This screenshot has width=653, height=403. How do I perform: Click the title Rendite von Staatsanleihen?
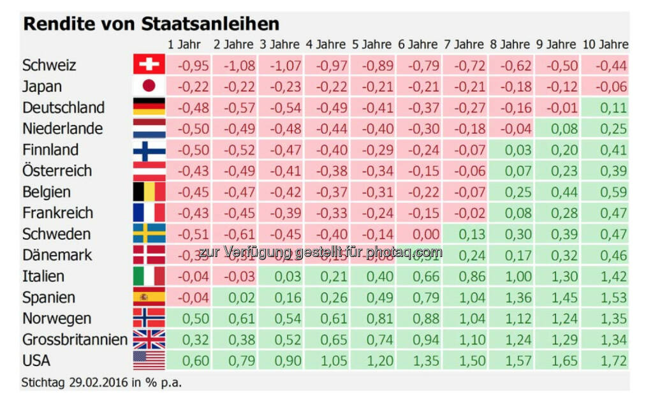pyautogui.click(x=151, y=24)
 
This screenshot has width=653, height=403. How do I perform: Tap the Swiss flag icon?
pyautogui.click(x=149, y=65)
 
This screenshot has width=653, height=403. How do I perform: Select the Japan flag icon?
pyautogui.click(x=149, y=86)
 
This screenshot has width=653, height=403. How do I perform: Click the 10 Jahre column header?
pyautogui.click(x=605, y=45)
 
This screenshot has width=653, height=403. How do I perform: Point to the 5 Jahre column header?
pyautogui.click(x=372, y=45)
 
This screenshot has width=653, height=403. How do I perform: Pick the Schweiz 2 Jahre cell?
pyautogui.click(x=234, y=65)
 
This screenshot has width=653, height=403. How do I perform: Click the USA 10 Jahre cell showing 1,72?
pyautogui.click(x=605, y=361)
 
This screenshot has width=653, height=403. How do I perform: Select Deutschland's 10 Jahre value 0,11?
pyautogui.click(x=605, y=107)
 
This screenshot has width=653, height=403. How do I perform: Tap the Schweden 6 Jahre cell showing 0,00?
pyautogui.click(x=419, y=234)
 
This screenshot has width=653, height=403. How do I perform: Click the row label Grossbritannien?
pyautogui.click(x=75, y=340)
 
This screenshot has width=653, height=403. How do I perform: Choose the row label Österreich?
pyautogui.click(x=57, y=171)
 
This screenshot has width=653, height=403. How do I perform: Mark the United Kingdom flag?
pyautogui.click(x=149, y=340)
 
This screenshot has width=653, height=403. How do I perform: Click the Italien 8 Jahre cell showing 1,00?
pyautogui.click(x=511, y=276)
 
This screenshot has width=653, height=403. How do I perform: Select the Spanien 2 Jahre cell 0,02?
pyautogui.click(x=234, y=298)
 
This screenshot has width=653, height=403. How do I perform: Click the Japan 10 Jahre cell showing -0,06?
pyautogui.click(x=605, y=86)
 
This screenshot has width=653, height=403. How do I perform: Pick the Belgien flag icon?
pyautogui.click(x=149, y=192)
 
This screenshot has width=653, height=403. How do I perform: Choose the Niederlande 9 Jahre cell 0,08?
pyautogui.click(x=558, y=128)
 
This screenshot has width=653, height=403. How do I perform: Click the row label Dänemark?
pyautogui.click(x=57, y=255)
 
